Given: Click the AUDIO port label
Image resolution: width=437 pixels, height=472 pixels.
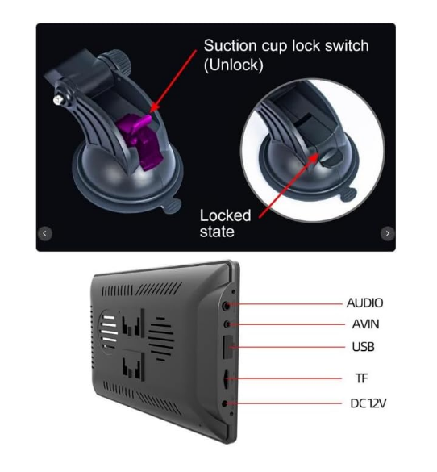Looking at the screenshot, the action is tap(364, 303).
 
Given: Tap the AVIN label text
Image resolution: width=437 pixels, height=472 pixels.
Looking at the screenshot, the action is tap(365, 324).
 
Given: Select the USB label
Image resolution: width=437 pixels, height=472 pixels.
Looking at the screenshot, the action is tap(364, 347).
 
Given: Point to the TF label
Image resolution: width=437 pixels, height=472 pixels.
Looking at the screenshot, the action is tap(361, 378).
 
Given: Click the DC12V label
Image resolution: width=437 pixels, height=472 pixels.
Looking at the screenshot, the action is tap(368, 403).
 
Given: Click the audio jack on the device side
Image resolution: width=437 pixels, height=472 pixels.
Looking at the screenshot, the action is tap(227, 306).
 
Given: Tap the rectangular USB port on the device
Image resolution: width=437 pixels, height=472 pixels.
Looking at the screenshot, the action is tap(227, 347).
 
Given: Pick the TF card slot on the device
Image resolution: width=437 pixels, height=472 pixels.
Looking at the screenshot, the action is tap(226, 379).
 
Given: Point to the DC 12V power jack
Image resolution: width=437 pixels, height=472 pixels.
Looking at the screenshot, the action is tap(225, 403).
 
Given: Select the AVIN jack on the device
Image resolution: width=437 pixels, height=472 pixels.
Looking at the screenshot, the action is tap(227, 324).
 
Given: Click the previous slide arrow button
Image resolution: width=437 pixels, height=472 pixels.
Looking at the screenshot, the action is tap(45, 233).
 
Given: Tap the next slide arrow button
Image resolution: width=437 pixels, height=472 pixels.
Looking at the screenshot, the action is tap(387, 233).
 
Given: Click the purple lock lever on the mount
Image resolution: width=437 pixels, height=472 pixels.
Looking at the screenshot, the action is tap(139, 140).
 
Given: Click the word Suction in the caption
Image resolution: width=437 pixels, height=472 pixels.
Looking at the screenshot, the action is tap(230, 46).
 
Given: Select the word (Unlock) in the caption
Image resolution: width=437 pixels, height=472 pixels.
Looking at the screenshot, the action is tap(233, 65).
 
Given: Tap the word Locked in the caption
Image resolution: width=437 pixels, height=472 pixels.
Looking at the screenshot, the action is tap(226, 215).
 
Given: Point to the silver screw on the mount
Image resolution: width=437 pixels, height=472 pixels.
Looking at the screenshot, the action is tap(57, 100).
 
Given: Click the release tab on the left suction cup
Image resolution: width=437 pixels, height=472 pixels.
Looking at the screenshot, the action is tap(172, 207).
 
